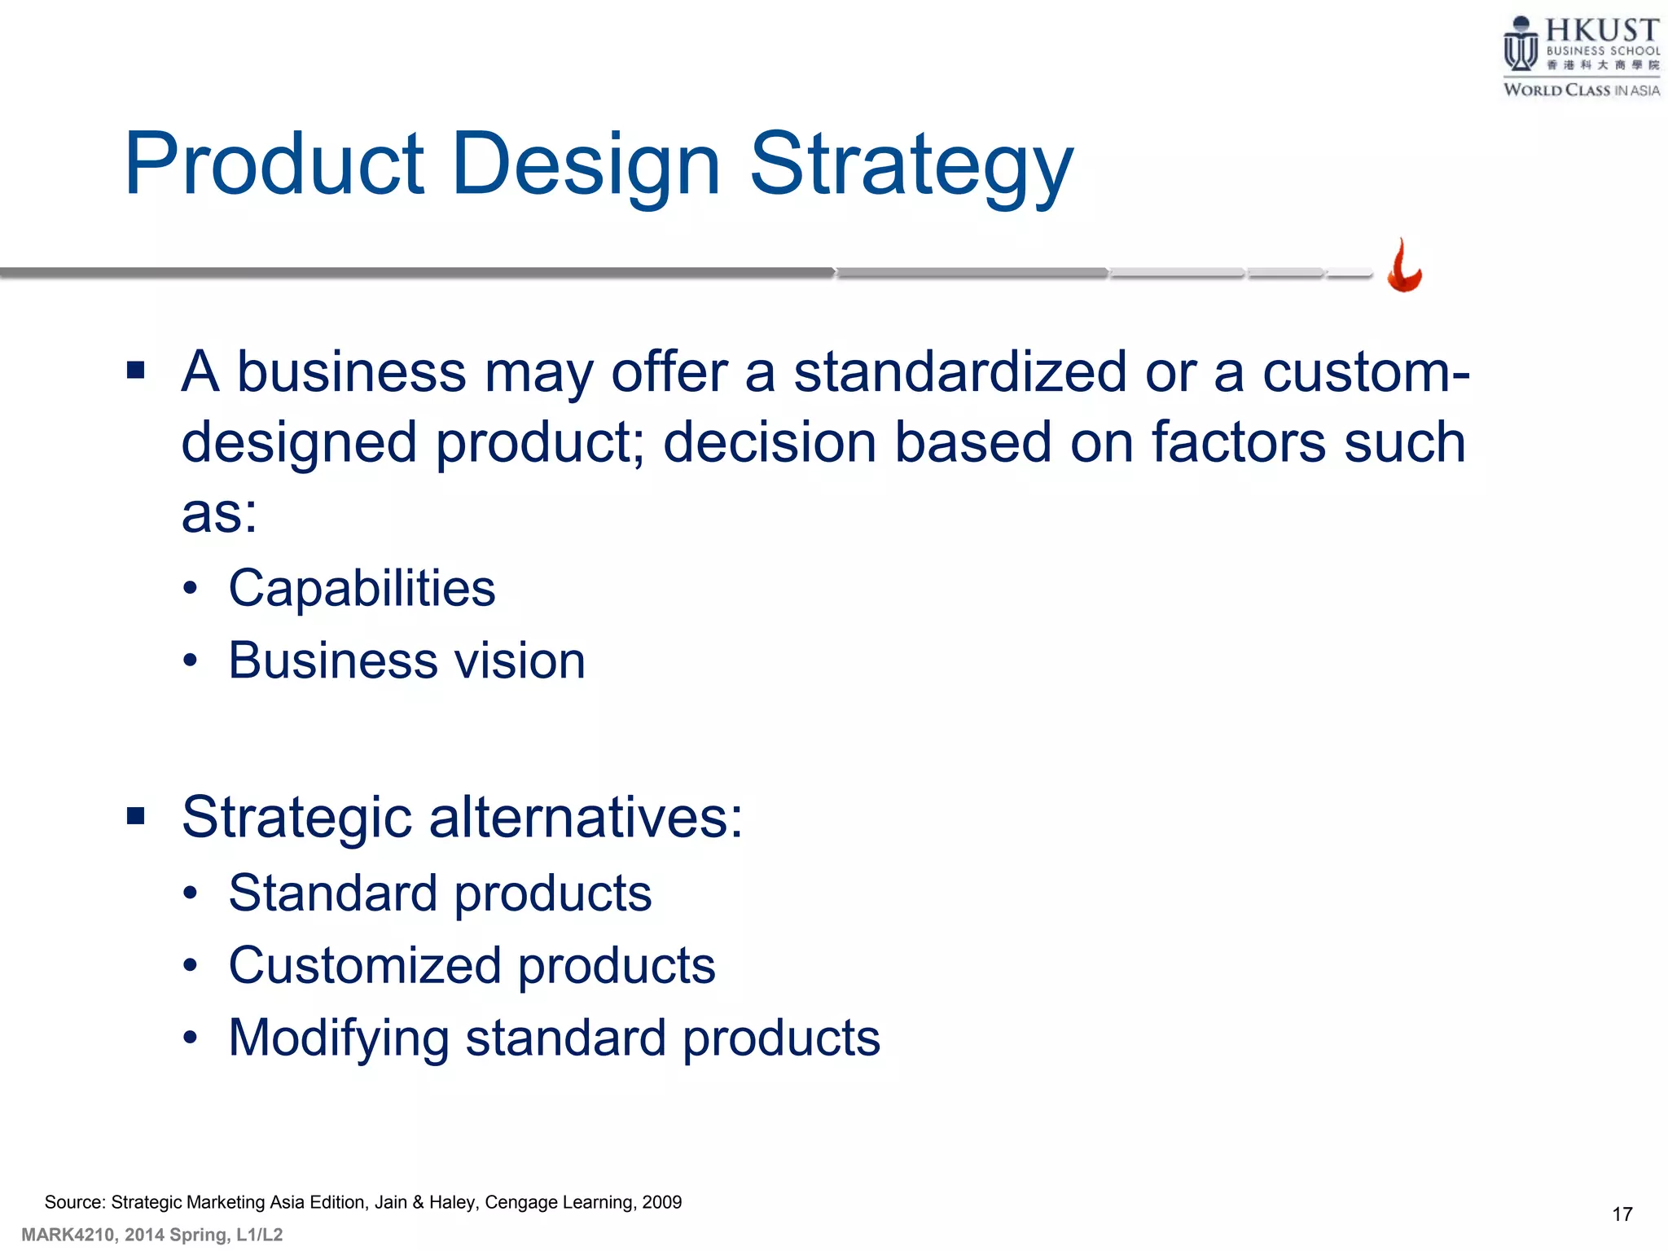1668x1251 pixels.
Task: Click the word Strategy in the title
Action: (x=911, y=167)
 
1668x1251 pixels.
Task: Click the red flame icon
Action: (x=1404, y=266)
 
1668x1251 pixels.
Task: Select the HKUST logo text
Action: (x=1601, y=31)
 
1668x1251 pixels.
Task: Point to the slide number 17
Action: (x=1622, y=1214)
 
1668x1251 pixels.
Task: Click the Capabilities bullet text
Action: (x=362, y=588)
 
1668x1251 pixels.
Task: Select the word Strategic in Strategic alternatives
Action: (x=296, y=818)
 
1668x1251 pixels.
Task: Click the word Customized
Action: (x=364, y=966)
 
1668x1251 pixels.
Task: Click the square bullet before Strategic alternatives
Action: (x=136, y=815)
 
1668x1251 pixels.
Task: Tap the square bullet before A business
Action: (x=136, y=371)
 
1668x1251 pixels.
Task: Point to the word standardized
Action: (x=959, y=372)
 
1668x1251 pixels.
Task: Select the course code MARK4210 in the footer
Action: (x=68, y=1235)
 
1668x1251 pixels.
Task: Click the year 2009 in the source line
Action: (x=661, y=1202)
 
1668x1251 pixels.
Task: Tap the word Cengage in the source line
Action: (x=516, y=1202)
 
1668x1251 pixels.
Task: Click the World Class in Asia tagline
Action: (x=1581, y=90)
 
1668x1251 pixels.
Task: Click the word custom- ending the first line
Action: (x=1366, y=372)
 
